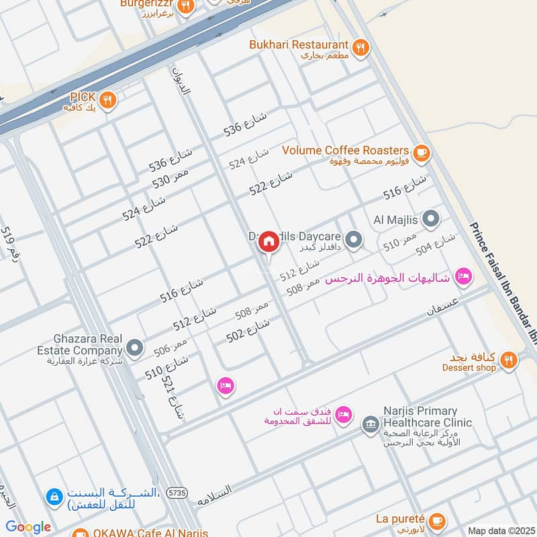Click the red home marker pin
(268, 242)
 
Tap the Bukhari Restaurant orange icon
(361, 47)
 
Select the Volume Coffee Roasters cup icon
(421, 153)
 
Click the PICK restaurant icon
(108, 101)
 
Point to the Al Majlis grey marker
(431, 219)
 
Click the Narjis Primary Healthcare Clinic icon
(370, 424)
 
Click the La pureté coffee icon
(437, 521)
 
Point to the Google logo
(28, 527)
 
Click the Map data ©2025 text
(500, 531)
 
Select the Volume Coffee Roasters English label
(346, 150)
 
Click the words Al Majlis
(397, 219)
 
